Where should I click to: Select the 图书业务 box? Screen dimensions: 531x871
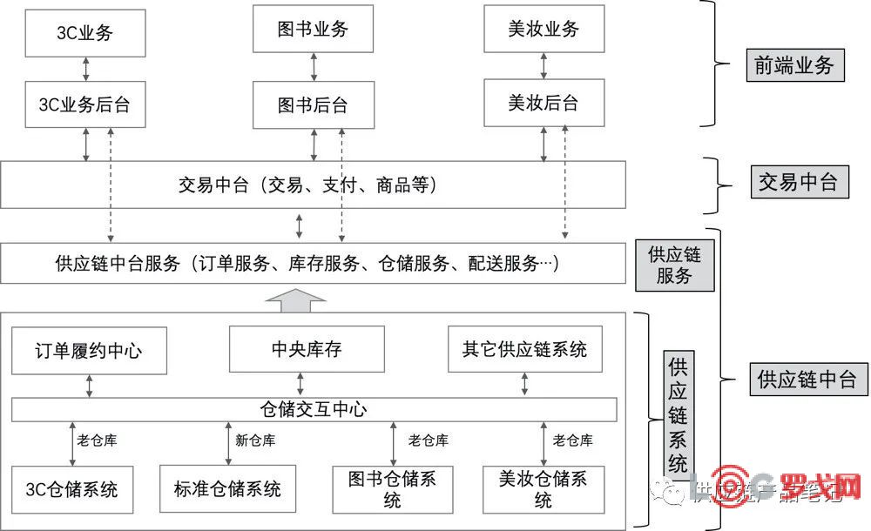click(313, 30)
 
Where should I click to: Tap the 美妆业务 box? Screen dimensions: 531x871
click(544, 29)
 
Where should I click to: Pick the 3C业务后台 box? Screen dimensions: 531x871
click(84, 104)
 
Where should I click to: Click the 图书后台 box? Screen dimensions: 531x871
click(313, 104)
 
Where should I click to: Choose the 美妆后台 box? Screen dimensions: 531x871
click(544, 103)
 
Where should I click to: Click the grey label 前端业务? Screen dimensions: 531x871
click(794, 65)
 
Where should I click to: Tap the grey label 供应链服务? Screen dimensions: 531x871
click(674, 265)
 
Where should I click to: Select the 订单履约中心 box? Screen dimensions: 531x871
click(89, 351)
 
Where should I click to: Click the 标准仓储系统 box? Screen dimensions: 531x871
click(221, 488)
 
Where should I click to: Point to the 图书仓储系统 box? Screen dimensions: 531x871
click(392, 488)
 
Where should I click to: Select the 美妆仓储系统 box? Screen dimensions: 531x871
click(544, 488)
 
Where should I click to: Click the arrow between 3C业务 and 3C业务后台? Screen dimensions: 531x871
click(85, 68)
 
